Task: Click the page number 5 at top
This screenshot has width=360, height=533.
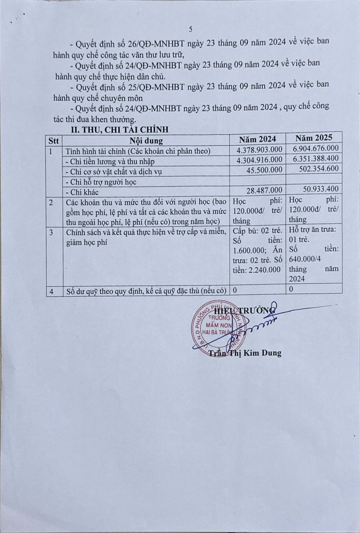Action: pyautogui.click(x=190, y=29)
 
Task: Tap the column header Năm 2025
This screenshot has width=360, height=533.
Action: pyautogui.click(x=314, y=137)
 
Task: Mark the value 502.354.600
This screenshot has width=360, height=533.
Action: pyautogui.click(x=319, y=169)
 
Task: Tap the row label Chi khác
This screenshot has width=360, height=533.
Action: pyautogui.click(x=82, y=192)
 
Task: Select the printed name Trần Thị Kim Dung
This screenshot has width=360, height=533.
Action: pyautogui.click(x=245, y=354)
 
